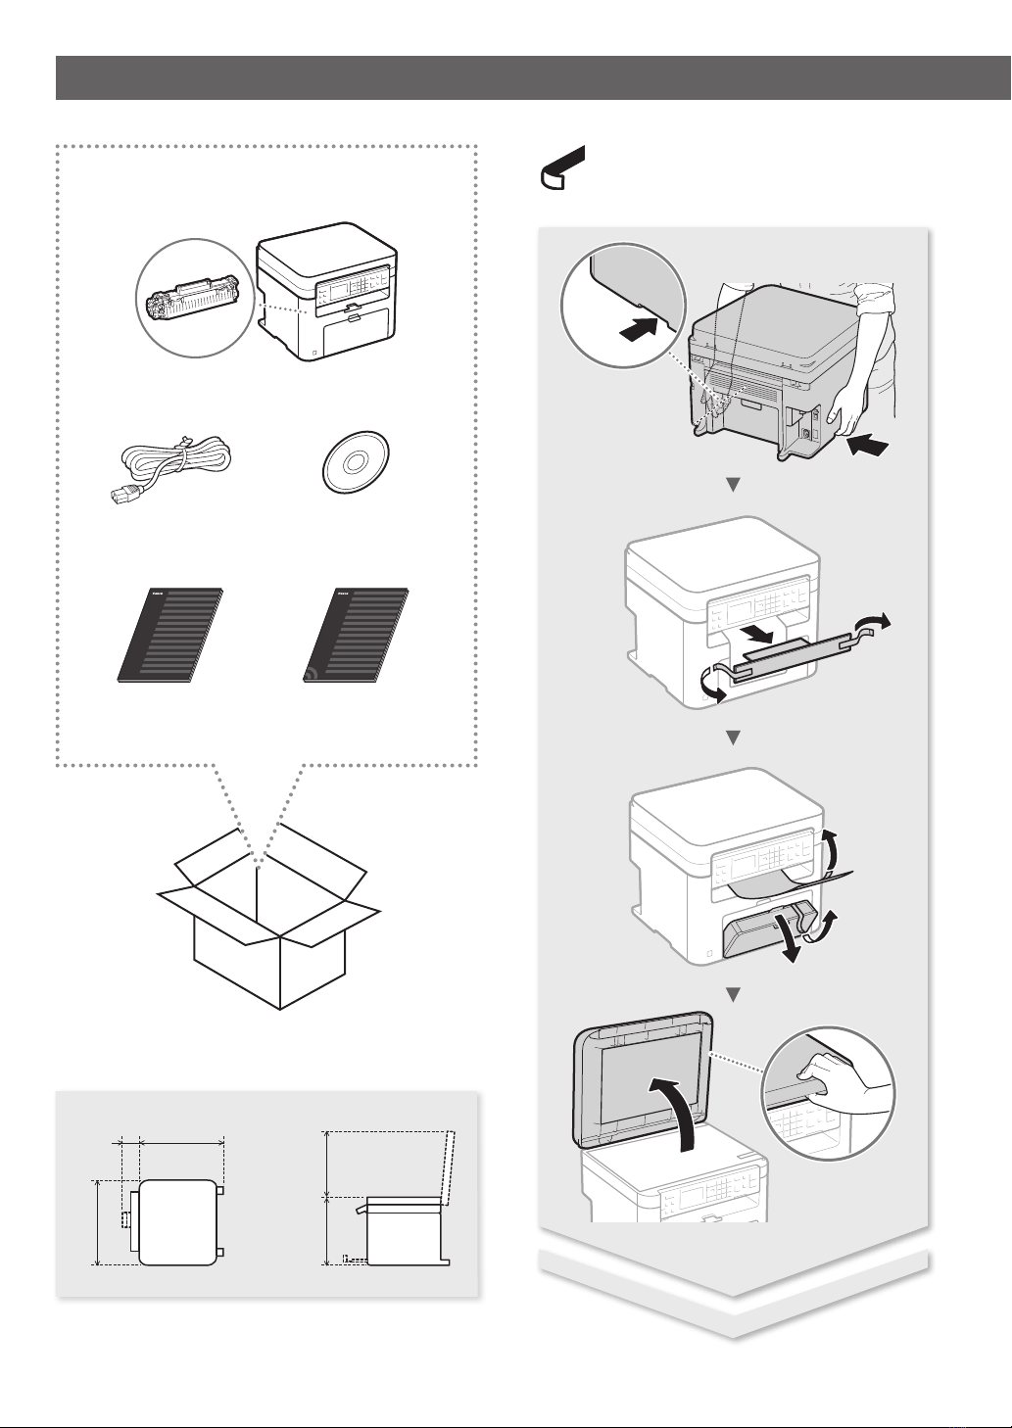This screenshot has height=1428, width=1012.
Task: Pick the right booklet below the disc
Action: pyautogui.click(x=356, y=635)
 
